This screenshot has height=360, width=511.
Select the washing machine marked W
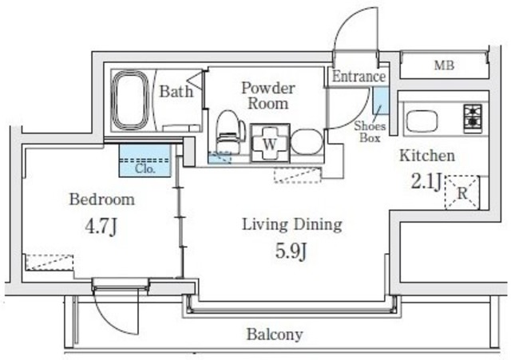tap(270, 143)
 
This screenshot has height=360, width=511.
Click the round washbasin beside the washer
tap(307, 142)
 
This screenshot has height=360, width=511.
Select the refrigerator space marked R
tap(462, 192)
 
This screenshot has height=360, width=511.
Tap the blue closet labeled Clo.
tap(145, 160)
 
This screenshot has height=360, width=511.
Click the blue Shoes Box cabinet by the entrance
tap(381, 101)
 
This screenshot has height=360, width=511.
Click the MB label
tap(444, 65)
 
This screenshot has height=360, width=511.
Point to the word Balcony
tap(275, 334)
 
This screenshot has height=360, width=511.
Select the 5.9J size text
tap(291, 251)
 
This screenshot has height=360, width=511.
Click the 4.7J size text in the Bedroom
tap(101, 227)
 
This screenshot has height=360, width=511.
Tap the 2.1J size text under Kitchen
tap(426, 181)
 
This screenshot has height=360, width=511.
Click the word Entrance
tap(358, 77)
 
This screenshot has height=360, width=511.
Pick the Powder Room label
tap(268, 96)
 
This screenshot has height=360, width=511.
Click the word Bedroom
tap(102, 200)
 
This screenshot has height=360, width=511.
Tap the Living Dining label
tap(292, 225)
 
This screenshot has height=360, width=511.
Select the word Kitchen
tap(427, 156)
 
